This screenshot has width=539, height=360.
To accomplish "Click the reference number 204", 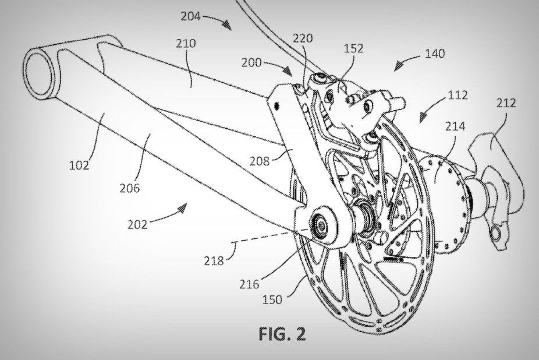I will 190,17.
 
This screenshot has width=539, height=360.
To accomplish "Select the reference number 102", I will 78,165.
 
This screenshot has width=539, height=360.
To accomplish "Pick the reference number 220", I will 302,38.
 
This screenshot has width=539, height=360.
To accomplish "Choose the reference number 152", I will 353,48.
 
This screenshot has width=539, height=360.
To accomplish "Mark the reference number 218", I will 214,262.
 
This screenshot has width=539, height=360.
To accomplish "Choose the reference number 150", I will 272,299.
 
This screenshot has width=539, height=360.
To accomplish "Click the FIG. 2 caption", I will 282,335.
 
